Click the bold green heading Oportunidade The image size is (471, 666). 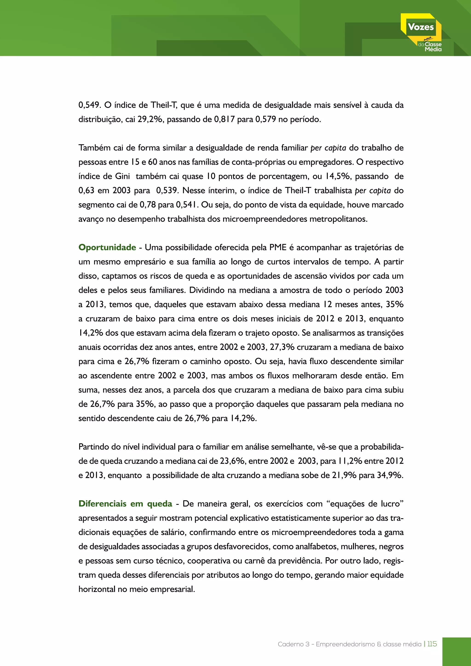tap(107, 247)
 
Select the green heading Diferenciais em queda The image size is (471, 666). tap(125, 504)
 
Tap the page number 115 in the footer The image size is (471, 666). tap(432, 644)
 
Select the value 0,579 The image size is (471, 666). tap(265, 119)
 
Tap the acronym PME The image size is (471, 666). tap(278, 247)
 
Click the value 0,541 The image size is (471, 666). tap(187, 205)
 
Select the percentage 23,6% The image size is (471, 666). tap(232, 461)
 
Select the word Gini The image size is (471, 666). tap(122, 176)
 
